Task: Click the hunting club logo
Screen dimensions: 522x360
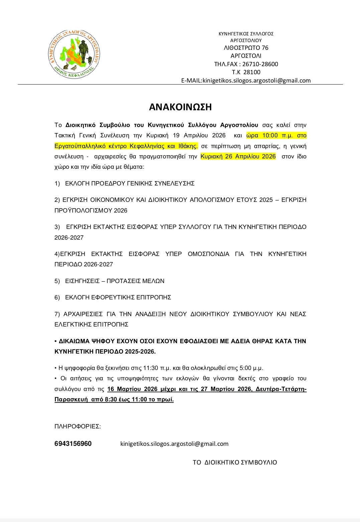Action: coord(74,54)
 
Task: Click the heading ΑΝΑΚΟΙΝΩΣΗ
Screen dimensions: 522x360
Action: coord(180,107)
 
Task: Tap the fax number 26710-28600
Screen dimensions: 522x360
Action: coord(260,64)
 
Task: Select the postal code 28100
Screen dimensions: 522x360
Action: coord(252,72)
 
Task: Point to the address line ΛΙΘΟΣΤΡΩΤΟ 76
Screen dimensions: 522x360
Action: coord(246,48)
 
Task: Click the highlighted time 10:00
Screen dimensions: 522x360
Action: coord(270,135)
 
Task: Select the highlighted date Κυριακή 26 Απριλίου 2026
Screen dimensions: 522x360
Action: coord(238,156)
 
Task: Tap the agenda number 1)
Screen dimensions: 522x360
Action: coord(57,183)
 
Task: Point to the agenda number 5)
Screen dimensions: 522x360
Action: coord(57,281)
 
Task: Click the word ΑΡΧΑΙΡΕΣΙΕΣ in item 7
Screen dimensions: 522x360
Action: coord(83,314)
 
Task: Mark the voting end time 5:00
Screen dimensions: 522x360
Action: coord(245,368)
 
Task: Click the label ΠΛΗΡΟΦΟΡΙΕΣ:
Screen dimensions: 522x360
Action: coord(78,426)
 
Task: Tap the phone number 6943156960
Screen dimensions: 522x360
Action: coord(73,444)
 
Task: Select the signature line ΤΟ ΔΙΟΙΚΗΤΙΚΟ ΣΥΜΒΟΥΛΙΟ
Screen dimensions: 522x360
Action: coord(235,463)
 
